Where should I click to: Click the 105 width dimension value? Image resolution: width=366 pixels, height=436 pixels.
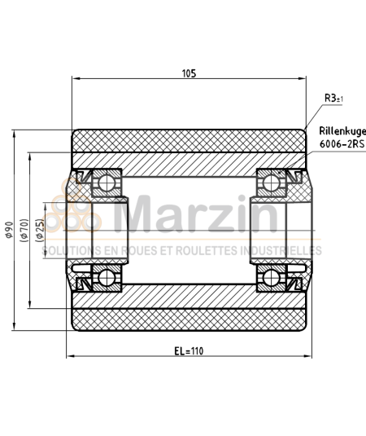coord(189,73)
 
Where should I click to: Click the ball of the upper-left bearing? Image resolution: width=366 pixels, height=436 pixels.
coord(106,183)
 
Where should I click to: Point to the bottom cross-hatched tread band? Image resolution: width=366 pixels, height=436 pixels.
coord(189,319)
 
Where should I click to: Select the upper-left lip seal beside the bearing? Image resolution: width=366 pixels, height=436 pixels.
coord(81,176)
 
